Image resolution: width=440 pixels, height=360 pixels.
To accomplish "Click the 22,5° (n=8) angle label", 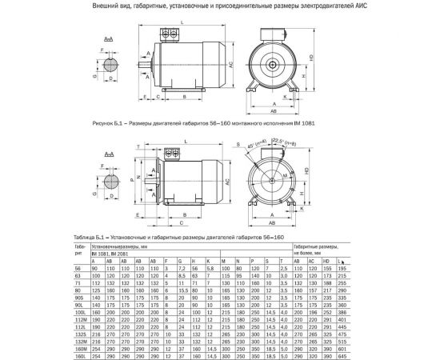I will [x=289, y=143].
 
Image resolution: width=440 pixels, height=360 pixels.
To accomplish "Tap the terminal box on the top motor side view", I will [x=173, y=34].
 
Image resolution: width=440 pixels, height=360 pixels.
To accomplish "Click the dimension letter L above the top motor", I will [x=183, y=24].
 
